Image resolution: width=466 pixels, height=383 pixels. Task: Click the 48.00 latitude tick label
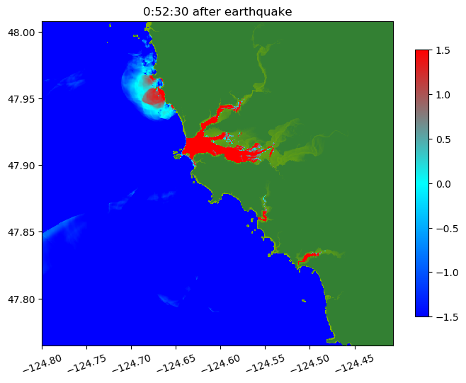(x=22, y=32)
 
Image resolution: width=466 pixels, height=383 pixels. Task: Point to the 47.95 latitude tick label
(x=22, y=98)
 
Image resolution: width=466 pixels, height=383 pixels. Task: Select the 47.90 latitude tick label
(x=22, y=166)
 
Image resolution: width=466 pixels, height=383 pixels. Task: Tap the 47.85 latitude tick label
(x=22, y=232)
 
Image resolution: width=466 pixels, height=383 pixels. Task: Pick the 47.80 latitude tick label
(x=22, y=299)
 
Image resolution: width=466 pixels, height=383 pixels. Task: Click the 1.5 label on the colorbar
(x=443, y=50)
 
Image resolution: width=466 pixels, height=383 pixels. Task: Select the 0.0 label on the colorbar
(x=443, y=183)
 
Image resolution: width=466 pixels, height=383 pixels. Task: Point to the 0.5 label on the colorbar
(x=443, y=139)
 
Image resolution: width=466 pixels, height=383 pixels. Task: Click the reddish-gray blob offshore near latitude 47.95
(x=152, y=96)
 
